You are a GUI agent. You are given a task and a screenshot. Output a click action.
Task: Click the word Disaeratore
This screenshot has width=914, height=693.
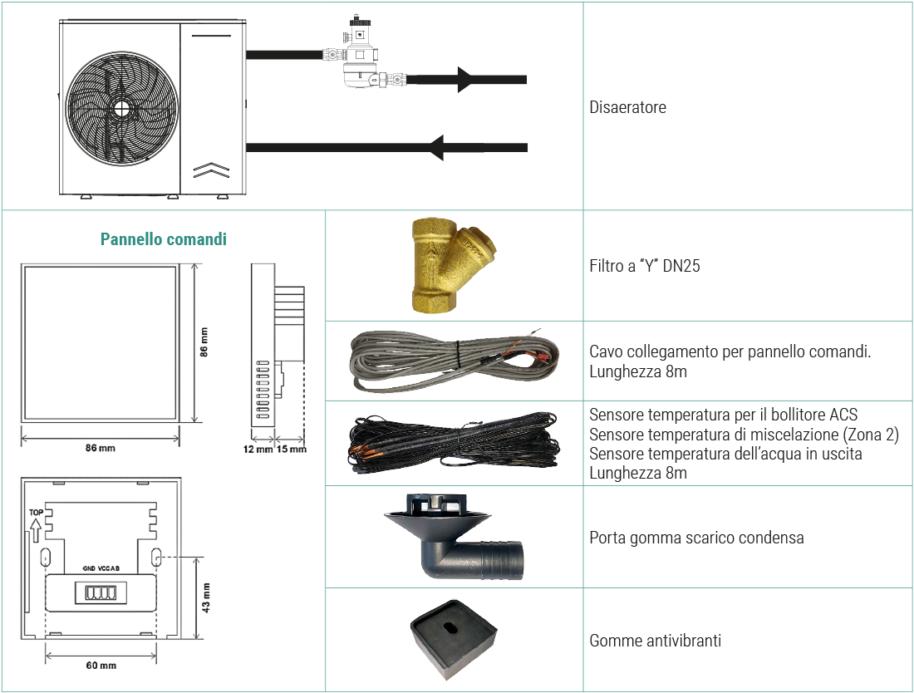click(627, 107)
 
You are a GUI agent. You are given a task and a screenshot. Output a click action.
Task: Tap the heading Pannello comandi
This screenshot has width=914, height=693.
click(163, 239)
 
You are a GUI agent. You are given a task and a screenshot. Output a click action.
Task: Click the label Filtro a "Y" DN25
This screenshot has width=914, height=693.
click(644, 266)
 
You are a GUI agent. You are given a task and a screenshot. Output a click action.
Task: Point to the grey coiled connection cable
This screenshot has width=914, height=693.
click(454, 361)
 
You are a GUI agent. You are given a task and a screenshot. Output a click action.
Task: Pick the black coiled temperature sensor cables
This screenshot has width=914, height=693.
click(454, 444)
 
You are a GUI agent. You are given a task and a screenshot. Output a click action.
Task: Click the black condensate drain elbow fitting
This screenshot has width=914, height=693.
click(454, 537)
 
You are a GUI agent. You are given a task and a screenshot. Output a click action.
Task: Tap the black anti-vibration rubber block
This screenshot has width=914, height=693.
click(453, 639)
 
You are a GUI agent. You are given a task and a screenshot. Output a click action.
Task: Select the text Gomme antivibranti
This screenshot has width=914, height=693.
click(656, 641)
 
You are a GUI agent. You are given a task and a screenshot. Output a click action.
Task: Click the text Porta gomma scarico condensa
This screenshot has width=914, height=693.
click(696, 538)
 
